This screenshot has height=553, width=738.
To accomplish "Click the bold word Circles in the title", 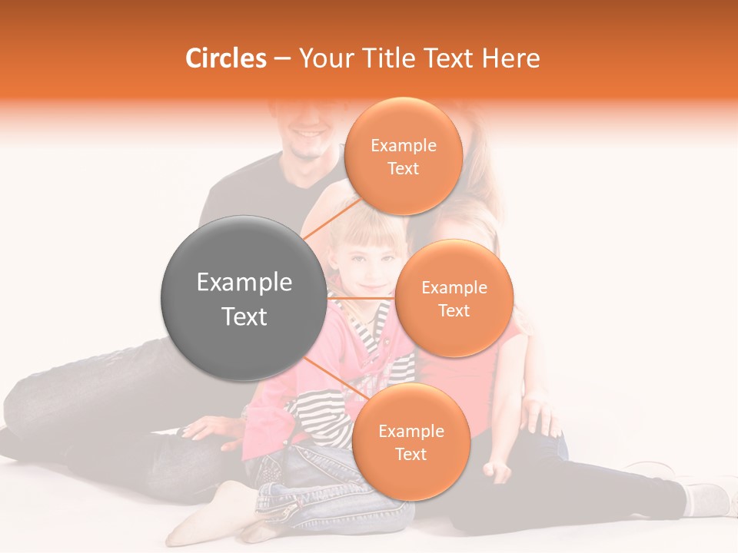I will pyautogui.click(x=226, y=58).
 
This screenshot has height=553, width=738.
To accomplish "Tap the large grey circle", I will pyautogui.click(x=244, y=298).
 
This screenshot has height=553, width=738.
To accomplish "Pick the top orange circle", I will pyautogui.click(x=403, y=156).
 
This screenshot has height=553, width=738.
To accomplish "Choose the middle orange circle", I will pyautogui.click(x=454, y=298).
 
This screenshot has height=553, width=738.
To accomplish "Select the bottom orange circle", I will pyautogui.click(x=411, y=442).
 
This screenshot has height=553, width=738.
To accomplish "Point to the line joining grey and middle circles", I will pyautogui.click(x=361, y=298).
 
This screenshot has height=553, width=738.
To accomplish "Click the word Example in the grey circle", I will pyautogui.click(x=244, y=283).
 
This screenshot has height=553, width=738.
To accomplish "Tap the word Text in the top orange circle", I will pyautogui.click(x=403, y=168).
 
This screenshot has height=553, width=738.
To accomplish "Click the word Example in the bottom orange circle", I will pyautogui.click(x=411, y=431).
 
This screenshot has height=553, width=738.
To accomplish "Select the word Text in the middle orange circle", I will pyautogui.click(x=454, y=310).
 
